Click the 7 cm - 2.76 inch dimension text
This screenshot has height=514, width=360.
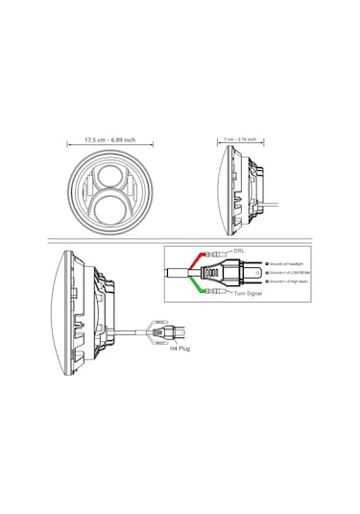240,140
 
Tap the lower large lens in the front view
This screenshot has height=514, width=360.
110,204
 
